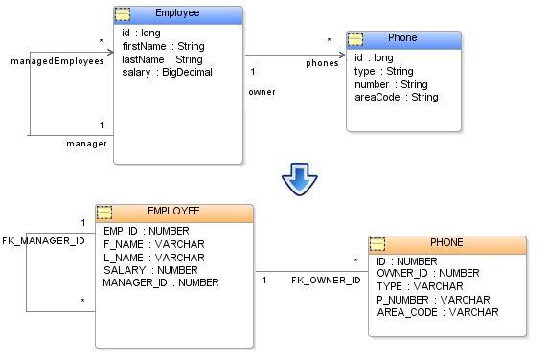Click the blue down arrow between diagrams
point(300,179)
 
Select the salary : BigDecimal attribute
point(167,72)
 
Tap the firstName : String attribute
point(163,46)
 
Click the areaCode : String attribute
point(397,97)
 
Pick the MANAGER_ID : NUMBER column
point(161,282)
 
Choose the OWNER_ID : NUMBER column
point(428,273)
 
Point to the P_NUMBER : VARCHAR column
point(433,300)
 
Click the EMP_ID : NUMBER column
point(147,231)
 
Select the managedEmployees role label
point(57,61)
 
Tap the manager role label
point(86,144)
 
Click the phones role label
point(322,63)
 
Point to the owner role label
point(262,92)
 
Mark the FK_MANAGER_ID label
point(44,241)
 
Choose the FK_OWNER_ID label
point(326,281)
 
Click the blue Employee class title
point(177,12)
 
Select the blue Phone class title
point(402,37)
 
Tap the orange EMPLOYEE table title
point(173,211)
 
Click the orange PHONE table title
point(446,242)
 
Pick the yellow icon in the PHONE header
point(377,244)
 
